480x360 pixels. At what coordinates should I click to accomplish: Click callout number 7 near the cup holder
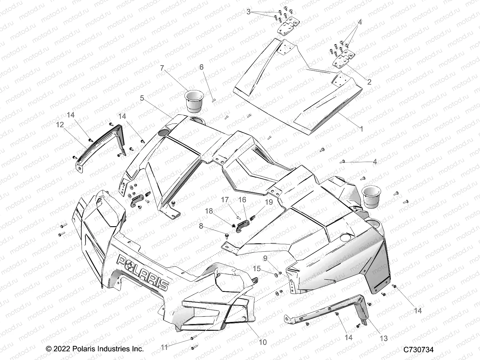162,68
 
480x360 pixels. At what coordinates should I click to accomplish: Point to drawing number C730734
418,349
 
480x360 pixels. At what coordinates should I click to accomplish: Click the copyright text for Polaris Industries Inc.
95,349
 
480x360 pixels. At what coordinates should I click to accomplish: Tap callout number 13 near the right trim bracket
384,338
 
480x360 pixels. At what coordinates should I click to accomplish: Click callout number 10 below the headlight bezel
262,342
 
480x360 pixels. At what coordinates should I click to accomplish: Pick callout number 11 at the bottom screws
164,347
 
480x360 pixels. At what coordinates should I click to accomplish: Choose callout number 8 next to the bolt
209,226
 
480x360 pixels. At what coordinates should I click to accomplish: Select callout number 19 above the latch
269,202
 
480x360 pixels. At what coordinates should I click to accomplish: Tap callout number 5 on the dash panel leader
142,98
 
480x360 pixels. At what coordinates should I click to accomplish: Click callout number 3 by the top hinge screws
248,12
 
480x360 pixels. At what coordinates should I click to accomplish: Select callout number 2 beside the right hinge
369,82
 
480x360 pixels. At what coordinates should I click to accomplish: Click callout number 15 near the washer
256,268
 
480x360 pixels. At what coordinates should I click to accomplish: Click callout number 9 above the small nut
265,258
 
